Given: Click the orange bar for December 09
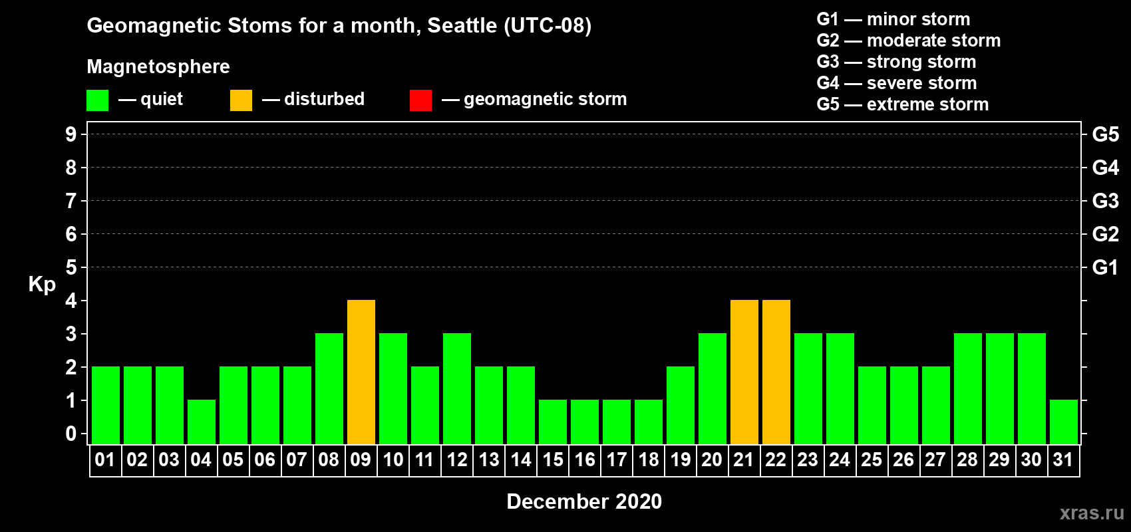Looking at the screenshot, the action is click(x=361, y=372).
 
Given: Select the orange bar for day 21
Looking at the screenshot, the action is click(x=744, y=372).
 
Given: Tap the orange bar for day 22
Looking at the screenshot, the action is click(x=776, y=372).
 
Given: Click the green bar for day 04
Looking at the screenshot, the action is click(x=202, y=422).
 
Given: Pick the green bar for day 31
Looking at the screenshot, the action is click(x=1064, y=422).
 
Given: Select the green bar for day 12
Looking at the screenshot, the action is click(x=457, y=388).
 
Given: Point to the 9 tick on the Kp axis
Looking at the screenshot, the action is click(x=71, y=134).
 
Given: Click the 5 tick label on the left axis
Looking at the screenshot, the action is click(x=71, y=267).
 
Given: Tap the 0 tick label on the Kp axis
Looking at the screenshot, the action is click(x=71, y=434).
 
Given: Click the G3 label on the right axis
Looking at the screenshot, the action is click(x=1106, y=201).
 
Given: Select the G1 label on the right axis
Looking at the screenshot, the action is click(x=1105, y=267).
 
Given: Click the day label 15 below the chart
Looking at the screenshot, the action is click(x=553, y=460).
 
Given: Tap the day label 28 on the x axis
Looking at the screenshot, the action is click(x=967, y=460).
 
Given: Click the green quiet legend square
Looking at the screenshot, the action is click(x=97, y=100).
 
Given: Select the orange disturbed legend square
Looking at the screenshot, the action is click(x=241, y=100).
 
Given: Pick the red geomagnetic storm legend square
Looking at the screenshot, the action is click(x=421, y=100).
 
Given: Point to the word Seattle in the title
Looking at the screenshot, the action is click(x=462, y=26).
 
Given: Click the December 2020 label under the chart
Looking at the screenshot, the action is click(x=584, y=501).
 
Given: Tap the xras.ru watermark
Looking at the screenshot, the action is click(x=1092, y=513).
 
